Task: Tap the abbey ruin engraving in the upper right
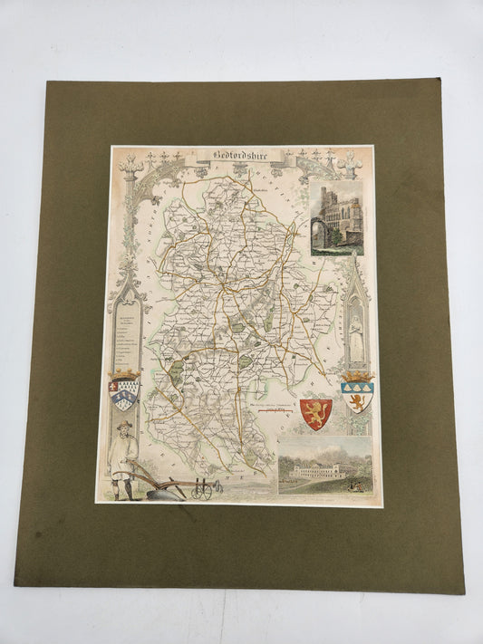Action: coord(335,215)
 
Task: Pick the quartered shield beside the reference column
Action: coord(125,397)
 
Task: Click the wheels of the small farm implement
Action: coord(202,491)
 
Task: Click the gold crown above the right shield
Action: coord(357,375)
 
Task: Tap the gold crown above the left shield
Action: coord(125,373)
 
